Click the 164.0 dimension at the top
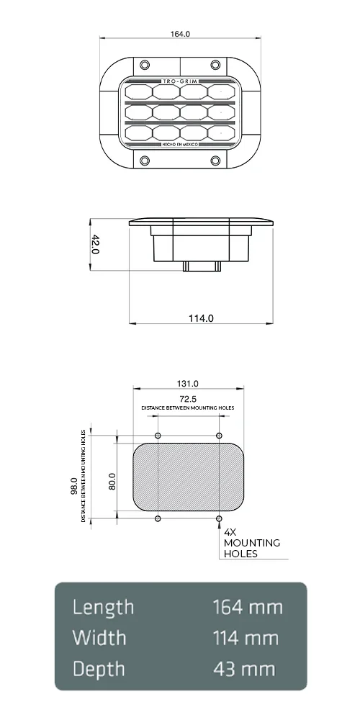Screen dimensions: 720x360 pos(180,34)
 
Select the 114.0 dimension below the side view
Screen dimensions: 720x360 pos(201,318)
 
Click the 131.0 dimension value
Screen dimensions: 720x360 pos(187,384)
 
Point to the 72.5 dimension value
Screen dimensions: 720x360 pos(188,397)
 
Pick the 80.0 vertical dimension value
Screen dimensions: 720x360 pos(112,481)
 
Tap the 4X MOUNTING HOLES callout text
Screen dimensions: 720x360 pos(251,543)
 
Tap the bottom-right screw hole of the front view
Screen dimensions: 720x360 pos(214,159)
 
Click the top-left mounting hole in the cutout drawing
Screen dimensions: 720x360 pos(158,436)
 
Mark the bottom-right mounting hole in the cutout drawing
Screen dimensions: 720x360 pos(219,518)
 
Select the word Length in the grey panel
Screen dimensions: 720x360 pos(104,607)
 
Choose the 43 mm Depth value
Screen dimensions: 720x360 pos(244,669)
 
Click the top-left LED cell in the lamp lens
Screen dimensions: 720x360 pos(138,92)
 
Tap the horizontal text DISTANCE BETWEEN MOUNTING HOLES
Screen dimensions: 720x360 pos(188,408)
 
